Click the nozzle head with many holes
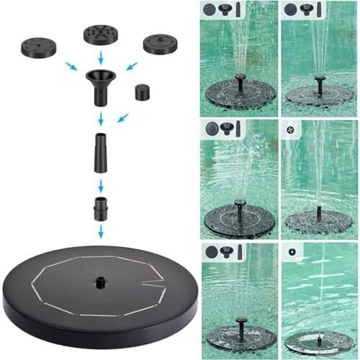coord(101,34)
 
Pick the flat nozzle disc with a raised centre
coord(160,43)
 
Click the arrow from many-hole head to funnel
coord(101,57)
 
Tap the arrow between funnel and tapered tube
coord(101,117)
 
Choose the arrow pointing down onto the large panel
coord(101,231)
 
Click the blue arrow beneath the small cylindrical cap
coord(122,117)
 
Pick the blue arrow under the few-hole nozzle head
coord(70,66)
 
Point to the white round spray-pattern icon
coord(290,130)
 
